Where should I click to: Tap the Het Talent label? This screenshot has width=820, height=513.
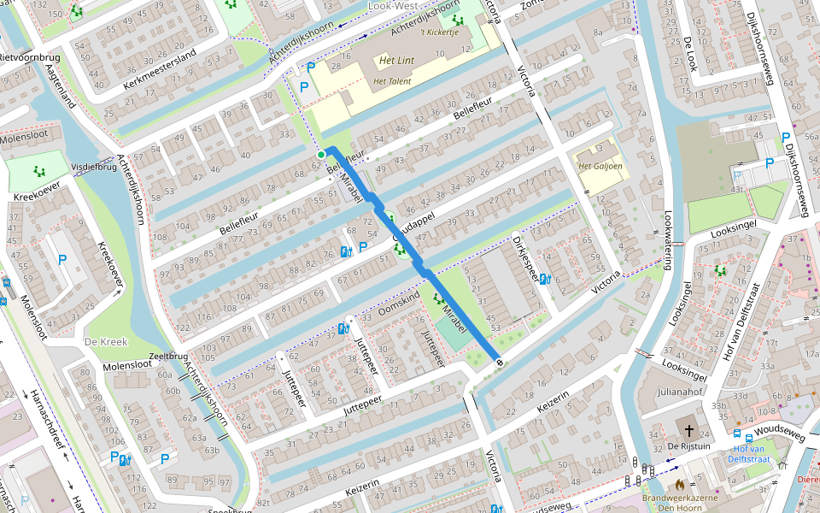click(x=392, y=81)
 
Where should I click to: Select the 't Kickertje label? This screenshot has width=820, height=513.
click(x=440, y=32)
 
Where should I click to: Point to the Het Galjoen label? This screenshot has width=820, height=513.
click(x=598, y=166)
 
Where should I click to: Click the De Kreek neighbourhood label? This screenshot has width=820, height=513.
click(x=105, y=342)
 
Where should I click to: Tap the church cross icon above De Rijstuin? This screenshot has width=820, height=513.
click(x=688, y=430)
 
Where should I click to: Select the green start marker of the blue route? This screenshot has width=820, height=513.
click(x=321, y=154)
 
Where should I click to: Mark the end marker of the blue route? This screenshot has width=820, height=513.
click(x=499, y=363)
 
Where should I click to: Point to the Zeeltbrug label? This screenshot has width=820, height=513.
click(x=167, y=357)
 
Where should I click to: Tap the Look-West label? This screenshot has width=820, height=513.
click(x=392, y=6)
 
